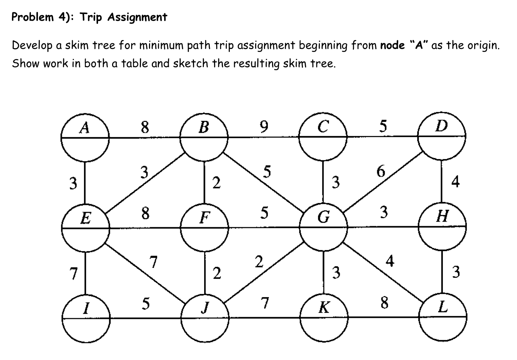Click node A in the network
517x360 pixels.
coord(85,137)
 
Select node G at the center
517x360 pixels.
coord(323,227)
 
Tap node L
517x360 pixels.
coord(442,318)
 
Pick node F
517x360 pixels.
coord(205,227)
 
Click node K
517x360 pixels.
coord(324,318)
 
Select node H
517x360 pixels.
coord(442,227)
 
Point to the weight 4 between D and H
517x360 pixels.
coord(455,182)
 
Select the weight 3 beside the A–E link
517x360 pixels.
coord(73,183)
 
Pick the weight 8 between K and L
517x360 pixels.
coord(384,303)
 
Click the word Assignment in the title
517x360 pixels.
coord(137,17)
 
